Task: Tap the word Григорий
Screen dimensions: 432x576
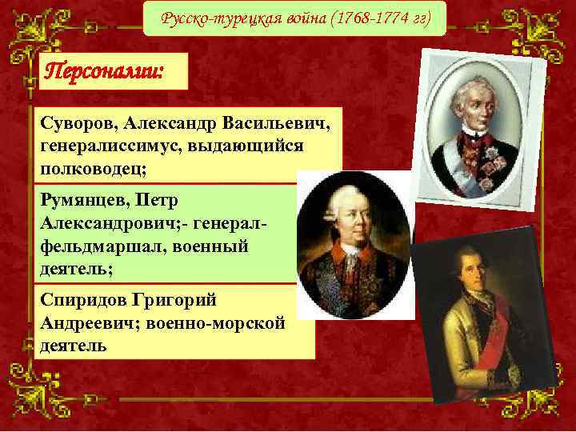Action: click(185, 302)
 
